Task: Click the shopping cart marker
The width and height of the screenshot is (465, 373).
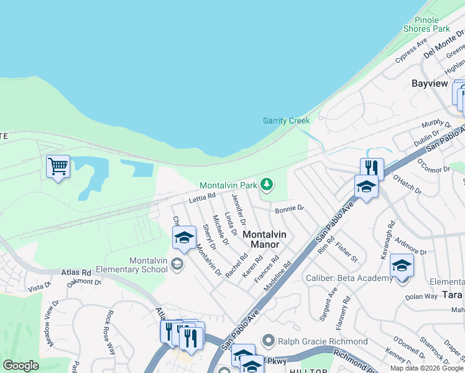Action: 58,166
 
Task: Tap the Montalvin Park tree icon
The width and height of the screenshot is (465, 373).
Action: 267,184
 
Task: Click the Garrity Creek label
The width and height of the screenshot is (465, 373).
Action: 286,121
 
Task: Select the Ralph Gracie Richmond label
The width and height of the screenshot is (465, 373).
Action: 323,341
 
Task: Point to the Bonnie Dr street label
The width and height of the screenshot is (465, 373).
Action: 289,209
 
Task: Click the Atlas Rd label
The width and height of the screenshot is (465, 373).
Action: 76,272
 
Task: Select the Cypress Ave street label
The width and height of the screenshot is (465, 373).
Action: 411,52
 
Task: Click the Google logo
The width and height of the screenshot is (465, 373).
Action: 21,365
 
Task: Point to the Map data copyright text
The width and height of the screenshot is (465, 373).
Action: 427,368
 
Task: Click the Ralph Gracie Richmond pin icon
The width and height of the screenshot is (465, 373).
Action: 268,341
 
